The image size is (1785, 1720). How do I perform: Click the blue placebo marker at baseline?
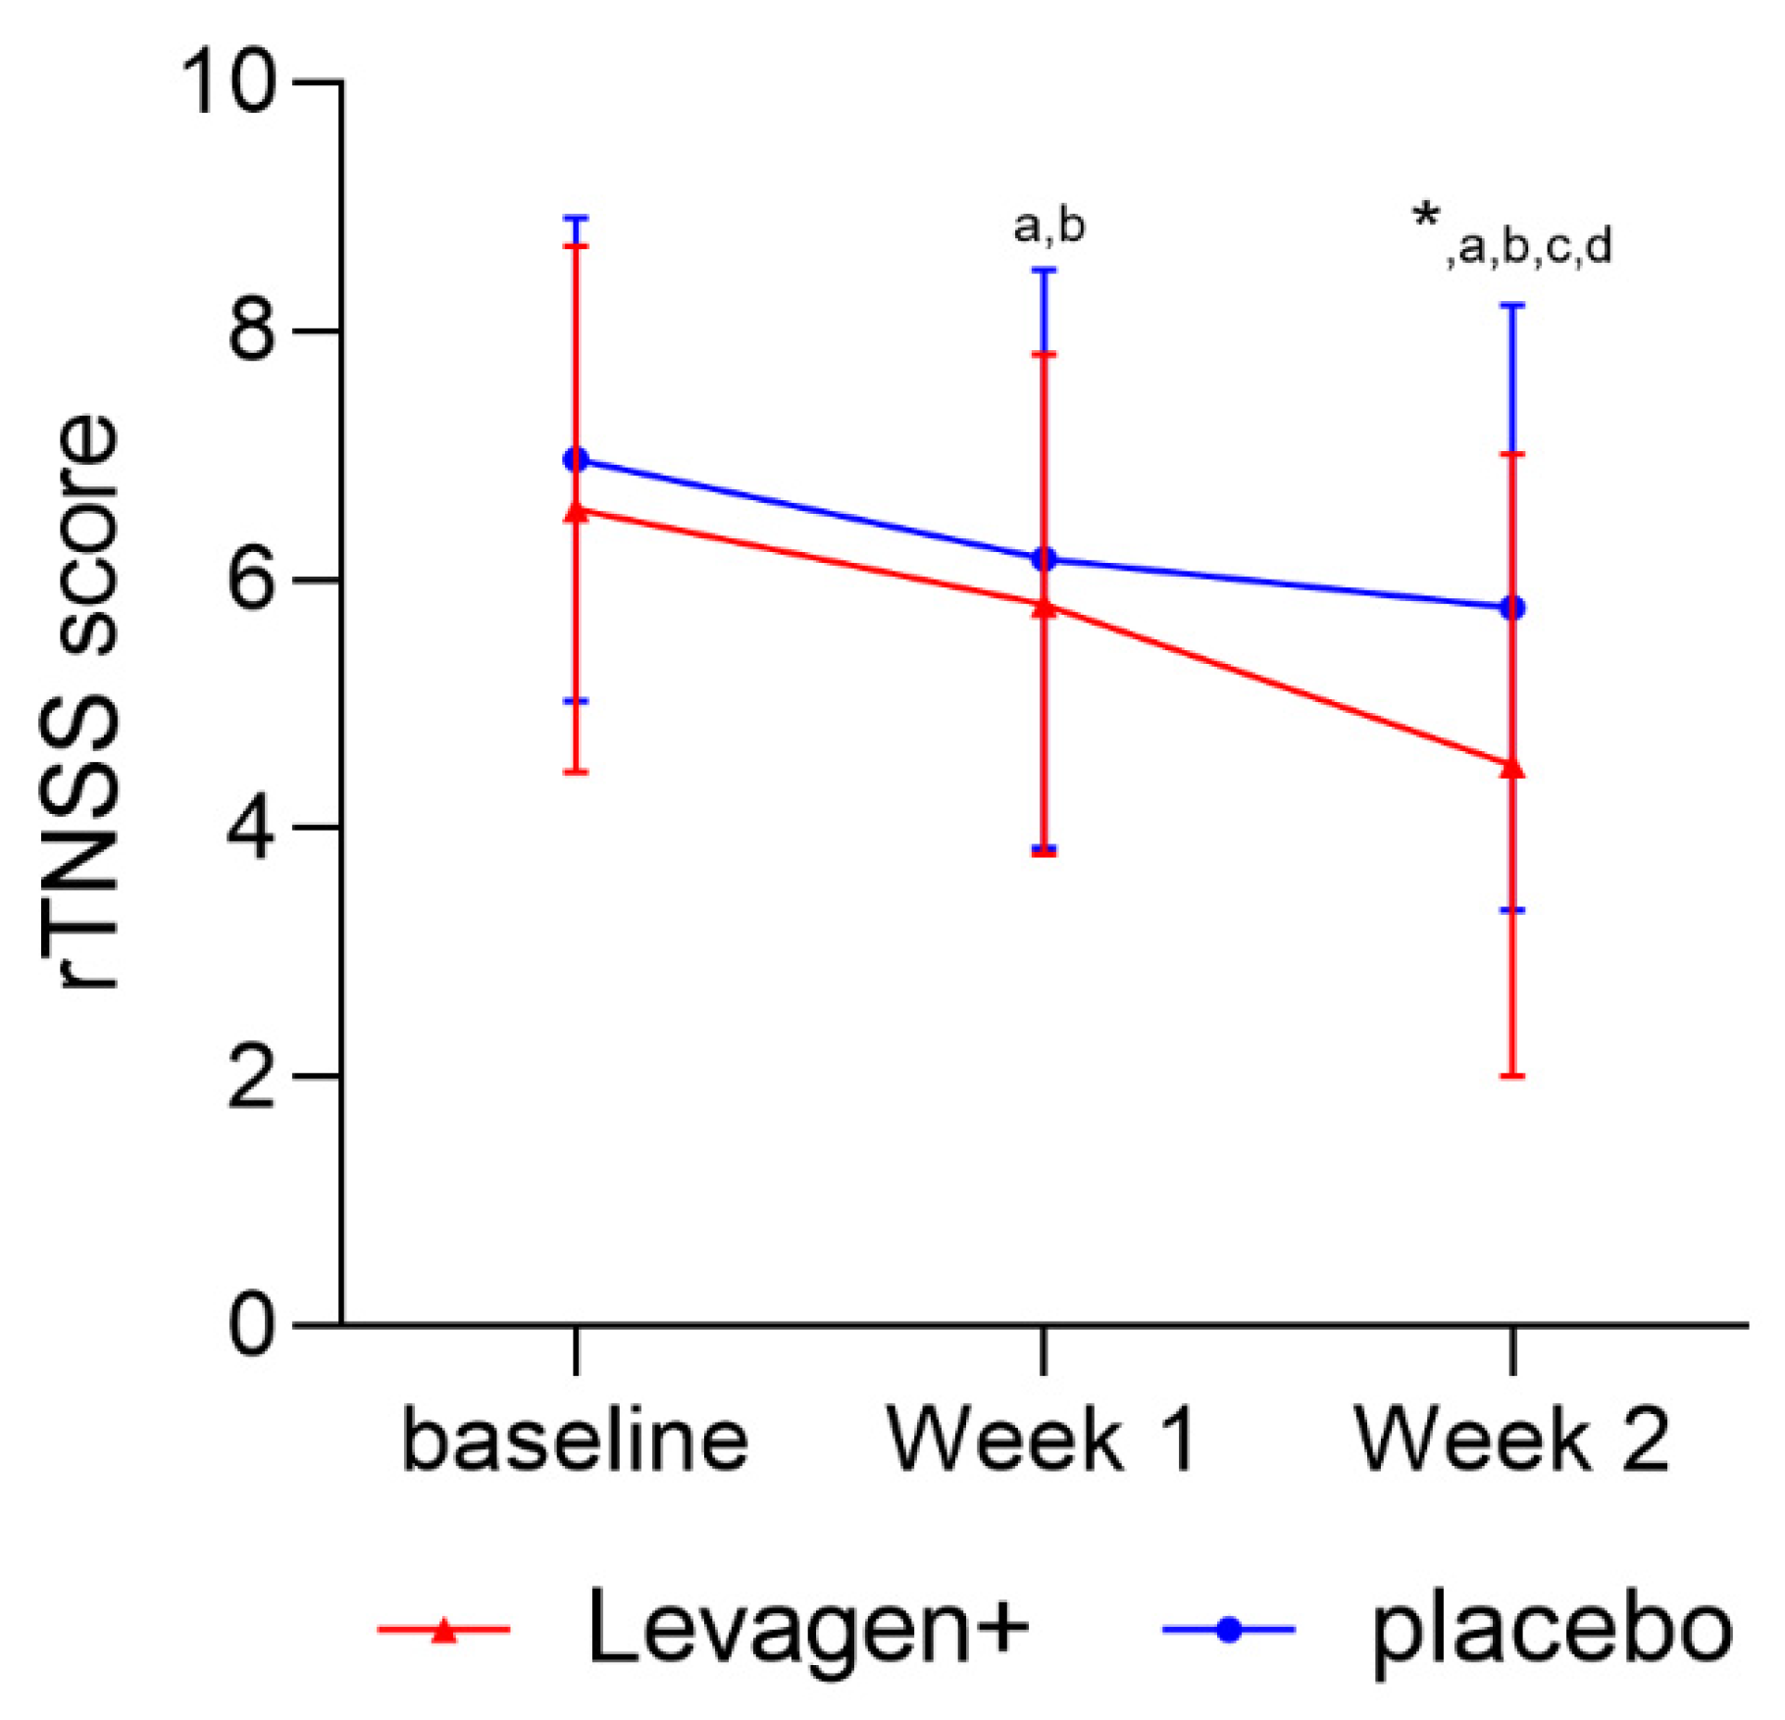coord(576,460)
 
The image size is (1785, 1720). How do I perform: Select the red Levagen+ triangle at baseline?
coord(576,512)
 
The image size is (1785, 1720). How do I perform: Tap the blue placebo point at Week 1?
coord(1045,559)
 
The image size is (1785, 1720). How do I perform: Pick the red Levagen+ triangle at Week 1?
coord(1045,608)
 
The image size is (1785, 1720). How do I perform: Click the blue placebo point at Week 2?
coord(1513,608)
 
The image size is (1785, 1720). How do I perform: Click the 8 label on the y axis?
coord(252,331)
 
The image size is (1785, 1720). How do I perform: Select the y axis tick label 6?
coord(252,581)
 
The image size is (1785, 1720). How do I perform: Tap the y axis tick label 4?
coord(252,829)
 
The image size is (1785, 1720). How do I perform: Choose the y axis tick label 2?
coord(252,1078)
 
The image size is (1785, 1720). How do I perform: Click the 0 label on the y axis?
coord(252,1326)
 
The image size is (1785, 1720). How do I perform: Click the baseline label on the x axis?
coord(576,1441)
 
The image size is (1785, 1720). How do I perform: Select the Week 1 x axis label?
coord(1042,1441)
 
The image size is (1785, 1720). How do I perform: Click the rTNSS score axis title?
coord(87,701)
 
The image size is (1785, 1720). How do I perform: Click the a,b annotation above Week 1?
coord(1048,227)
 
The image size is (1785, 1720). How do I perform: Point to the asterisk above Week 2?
coord(1426,218)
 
